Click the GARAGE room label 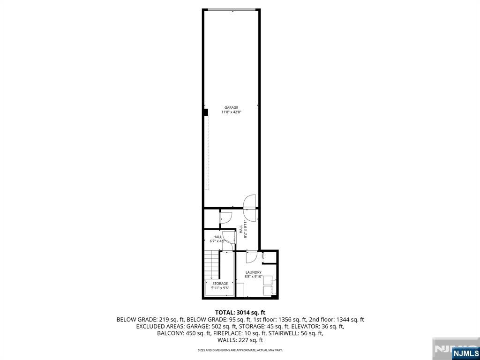click(231, 108)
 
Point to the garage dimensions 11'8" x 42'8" click(231, 112)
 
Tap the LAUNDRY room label click(253, 272)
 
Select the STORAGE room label click(220, 284)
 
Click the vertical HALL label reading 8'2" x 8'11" click(243, 229)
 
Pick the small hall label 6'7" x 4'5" click(217, 239)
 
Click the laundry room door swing click(251, 256)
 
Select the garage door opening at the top click(232, 9)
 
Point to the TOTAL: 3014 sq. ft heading click(240, 312)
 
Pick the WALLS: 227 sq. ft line click(240, 340)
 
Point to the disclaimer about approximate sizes click(240, 350)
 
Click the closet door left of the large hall click(225, 217)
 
